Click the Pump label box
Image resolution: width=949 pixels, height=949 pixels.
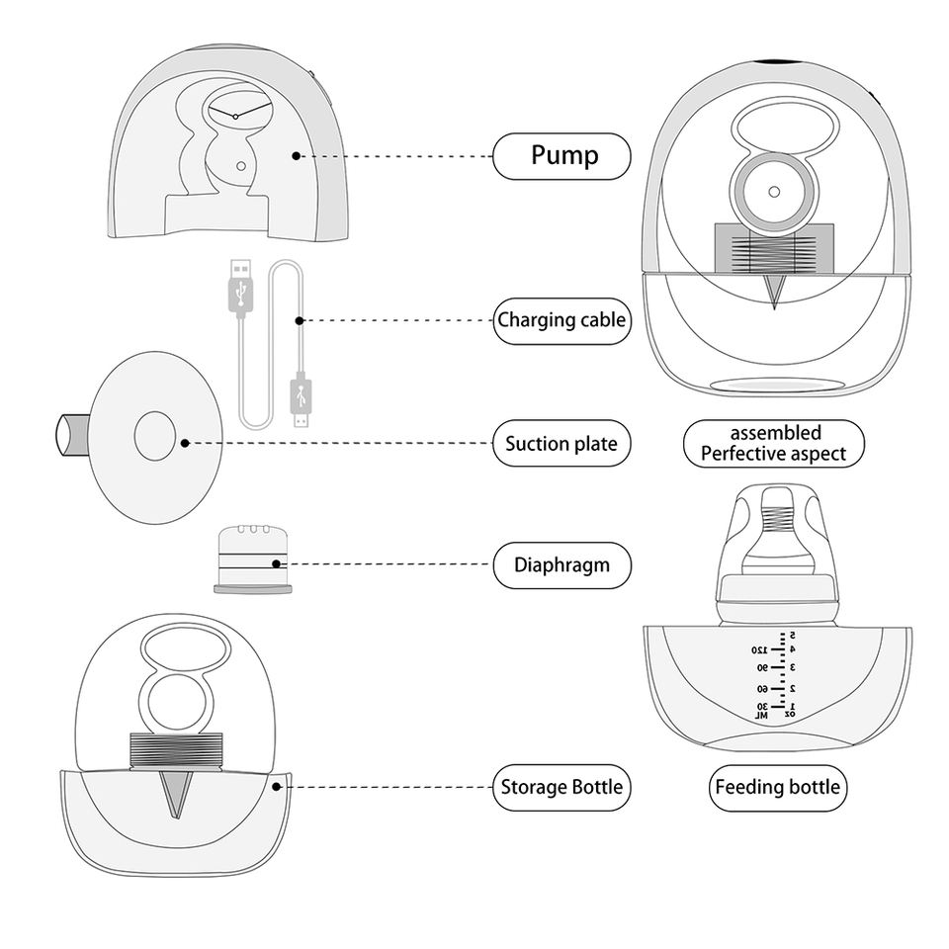pyautogui.click(x=561, y=156)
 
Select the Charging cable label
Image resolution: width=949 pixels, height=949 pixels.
pyautogui.click(x=561, y=319)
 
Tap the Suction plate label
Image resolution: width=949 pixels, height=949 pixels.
pyautogui.click(x=561, y=444)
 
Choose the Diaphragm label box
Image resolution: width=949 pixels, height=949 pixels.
pyautogui.click(x=561, y=565)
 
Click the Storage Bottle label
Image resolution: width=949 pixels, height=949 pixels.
pyautogui.click(x=561, y=787)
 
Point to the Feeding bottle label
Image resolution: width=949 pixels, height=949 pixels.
pyautogui.click(x=778, y=787)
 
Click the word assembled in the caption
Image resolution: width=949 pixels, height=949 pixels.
pyautogui.click(x=775, y=433)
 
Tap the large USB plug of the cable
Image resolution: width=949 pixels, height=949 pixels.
pyautogui.click(x=238, y=286)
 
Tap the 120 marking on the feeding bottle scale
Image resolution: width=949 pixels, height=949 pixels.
pyautogui.click(x=758, y=650)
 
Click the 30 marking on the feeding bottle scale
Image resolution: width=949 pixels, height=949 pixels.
pyautogui.click(x=761, y=707)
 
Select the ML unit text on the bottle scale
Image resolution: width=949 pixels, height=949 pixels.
pyautogui.click(x=761, y=716)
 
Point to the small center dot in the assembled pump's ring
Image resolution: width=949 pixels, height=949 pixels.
pyautogui.click(x=775, y=193)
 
